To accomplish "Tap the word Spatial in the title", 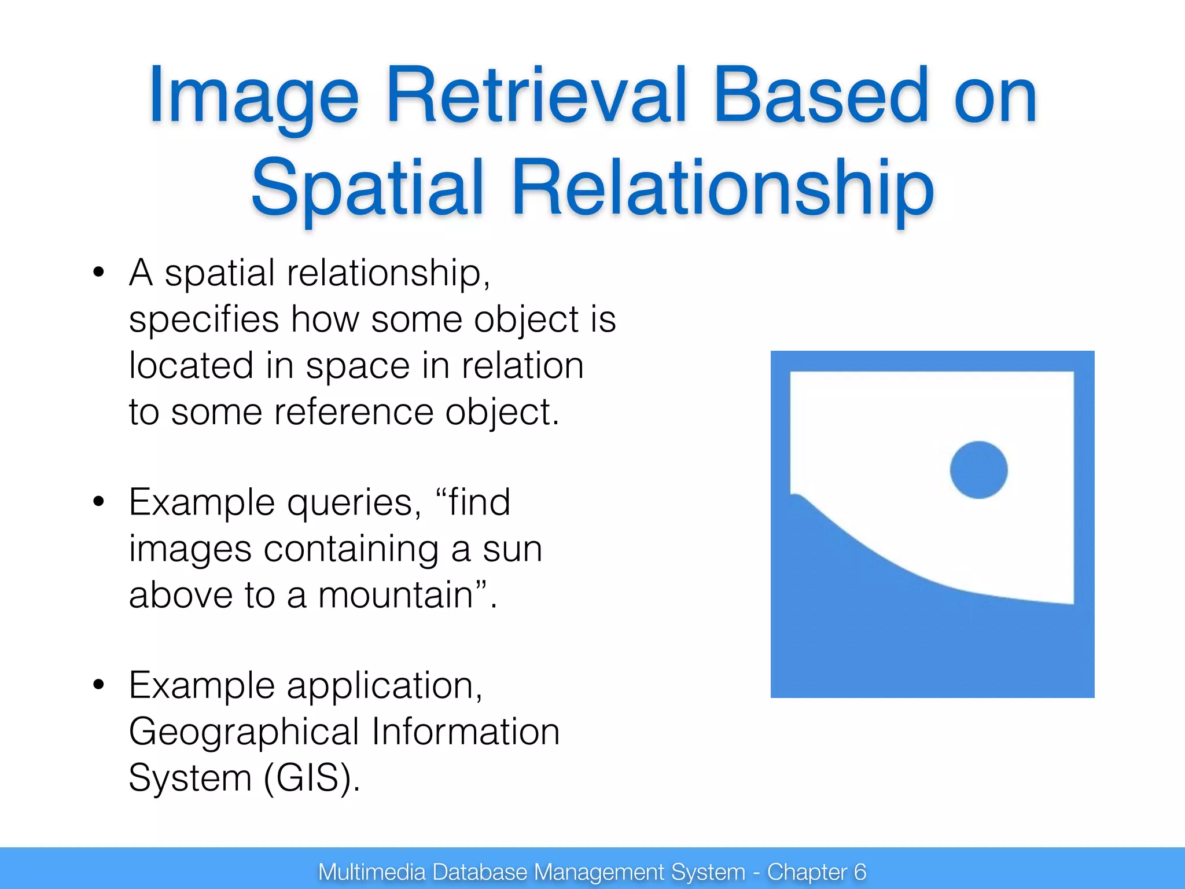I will [x=367, y=188].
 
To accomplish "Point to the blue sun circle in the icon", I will [x=978, y=470].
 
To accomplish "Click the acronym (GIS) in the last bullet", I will [x=311, y=777].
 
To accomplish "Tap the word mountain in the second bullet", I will [x=396, y=595].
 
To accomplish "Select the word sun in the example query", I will [x=512, y=549].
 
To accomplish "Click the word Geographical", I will [x=244, y=732].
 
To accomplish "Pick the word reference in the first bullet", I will [x=354, y=412].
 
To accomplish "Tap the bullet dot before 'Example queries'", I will [x=99, y=502].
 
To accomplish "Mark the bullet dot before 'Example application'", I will [x=99, y=685].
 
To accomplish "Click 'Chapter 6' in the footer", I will [x=816, y=872].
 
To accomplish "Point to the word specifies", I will [x=204, y=319].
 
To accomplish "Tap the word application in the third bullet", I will [x=384, y=686].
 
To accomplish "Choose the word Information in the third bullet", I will [x=465, y=732].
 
